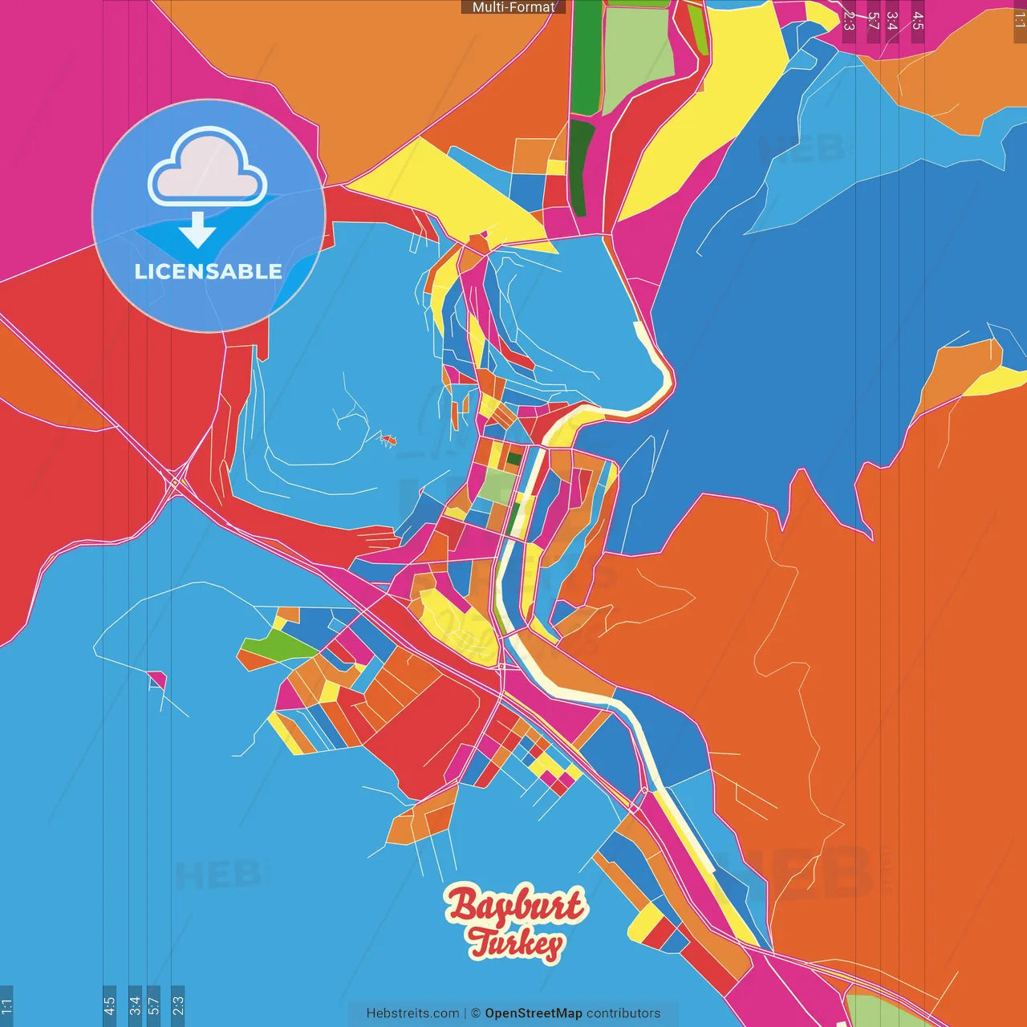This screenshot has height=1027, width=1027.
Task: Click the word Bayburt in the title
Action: (x=516, y=905)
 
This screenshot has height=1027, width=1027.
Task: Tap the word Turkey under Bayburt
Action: (x=516, y=943)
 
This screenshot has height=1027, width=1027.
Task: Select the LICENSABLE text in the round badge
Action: (x=208, y=271)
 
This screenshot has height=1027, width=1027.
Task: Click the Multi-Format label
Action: (x=513, y=7)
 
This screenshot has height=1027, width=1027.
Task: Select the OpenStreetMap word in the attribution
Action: (x=533, y=1013)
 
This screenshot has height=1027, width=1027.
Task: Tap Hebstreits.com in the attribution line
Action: (x=412, y=1013)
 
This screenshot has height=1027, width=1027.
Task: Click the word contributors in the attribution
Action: (x=623, y=1013)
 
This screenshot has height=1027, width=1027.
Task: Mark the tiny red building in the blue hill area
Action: (x=388, y=439)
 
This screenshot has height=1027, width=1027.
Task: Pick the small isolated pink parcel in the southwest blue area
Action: (x=157, y=680)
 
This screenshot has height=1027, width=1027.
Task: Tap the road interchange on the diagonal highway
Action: (x=174, y=483)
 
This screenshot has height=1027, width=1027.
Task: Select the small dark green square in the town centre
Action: (x=513, y=459)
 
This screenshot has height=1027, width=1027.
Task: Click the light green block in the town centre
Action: (x=497, y=485)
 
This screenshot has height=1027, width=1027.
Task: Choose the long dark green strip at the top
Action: (x=587, y=56)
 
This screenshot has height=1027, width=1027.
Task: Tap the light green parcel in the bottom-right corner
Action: (x=883, y=1013)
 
